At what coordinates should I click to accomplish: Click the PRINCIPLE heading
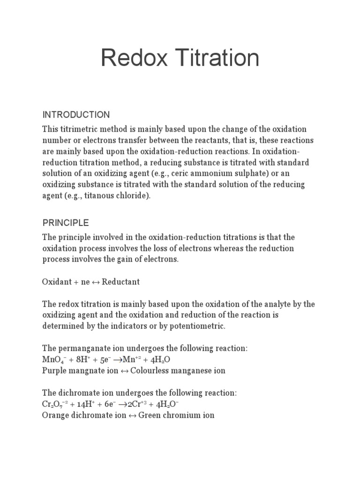[x=66, y=222]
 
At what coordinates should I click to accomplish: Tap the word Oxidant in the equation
[x=56, y=282]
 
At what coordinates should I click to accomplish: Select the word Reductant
[x=121, y=282]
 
